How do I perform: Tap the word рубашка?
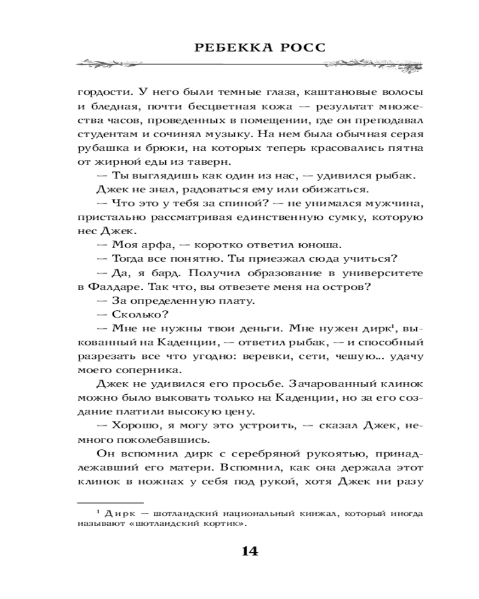pyautogui.click(x=98, y=146)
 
